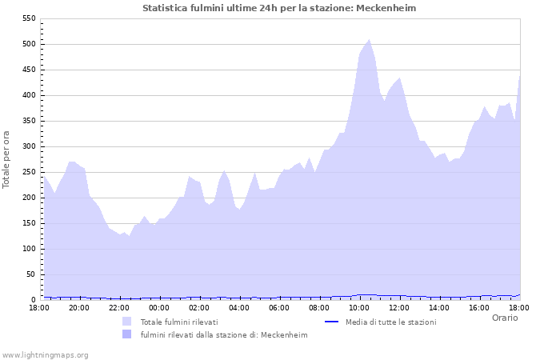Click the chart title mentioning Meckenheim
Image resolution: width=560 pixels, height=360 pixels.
[x=279, y=8]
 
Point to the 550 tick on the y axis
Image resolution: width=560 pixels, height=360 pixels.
[x=28, y=18]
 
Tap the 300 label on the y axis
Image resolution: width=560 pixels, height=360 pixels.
[x=28, y=146]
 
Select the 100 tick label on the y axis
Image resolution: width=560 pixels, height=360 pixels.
[x=28, y=249]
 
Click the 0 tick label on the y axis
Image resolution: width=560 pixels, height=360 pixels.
[x=33, y=300]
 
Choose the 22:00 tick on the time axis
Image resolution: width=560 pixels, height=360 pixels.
[x=119, y=308]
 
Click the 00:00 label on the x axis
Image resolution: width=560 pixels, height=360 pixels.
[x=159, y=308]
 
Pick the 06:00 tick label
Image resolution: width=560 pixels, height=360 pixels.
[x=279, y=308]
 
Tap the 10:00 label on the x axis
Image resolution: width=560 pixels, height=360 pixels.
[x=359, y=308]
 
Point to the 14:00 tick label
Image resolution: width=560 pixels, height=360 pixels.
[x=439, y=308]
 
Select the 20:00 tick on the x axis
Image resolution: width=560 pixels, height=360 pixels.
[x=79, y=308]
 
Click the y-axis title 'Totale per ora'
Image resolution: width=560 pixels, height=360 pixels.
[x=7, y=159]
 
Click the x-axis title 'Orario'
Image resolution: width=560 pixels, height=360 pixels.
[x=504, y=318]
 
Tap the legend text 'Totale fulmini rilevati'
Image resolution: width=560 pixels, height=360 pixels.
[x=179, y=322]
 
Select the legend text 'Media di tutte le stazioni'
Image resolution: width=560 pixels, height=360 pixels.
[x=390, y=322]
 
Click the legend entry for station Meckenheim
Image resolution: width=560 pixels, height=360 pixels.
[x=223, y=335]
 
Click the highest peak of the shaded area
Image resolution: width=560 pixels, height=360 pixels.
[x=369, y=40]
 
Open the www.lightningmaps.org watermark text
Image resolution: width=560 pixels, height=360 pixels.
[x=45, y=354]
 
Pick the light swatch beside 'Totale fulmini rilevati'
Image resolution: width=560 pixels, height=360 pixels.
[x=127, y=322]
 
